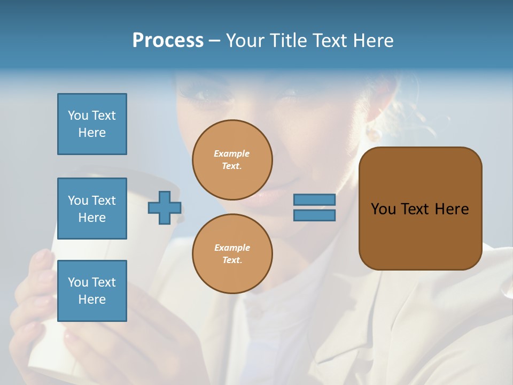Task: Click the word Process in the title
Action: point(168,41)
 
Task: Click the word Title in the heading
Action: point(289,41)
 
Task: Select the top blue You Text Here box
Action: point(92,124)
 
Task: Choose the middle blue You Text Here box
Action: point(92,209)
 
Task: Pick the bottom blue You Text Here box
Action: point(92,291)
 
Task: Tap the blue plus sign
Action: point(165,207)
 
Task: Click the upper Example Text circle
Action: point(232,160)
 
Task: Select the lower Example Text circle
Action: point(232,254)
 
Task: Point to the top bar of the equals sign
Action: point(314,199)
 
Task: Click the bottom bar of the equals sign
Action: point(314,215)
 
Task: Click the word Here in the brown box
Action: point(452,209)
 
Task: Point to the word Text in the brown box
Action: point(415,209)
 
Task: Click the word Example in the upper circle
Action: point(232,154)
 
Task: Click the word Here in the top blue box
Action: point(92,133)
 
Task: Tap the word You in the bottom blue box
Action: point(78,282)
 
